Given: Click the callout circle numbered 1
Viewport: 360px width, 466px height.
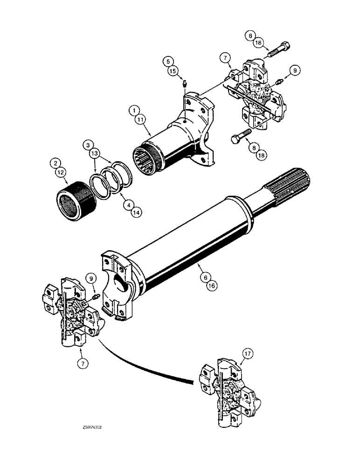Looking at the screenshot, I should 135,111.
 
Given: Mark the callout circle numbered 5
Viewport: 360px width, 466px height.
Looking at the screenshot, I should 167,61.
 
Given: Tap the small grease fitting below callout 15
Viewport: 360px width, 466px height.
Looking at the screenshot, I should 184,84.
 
